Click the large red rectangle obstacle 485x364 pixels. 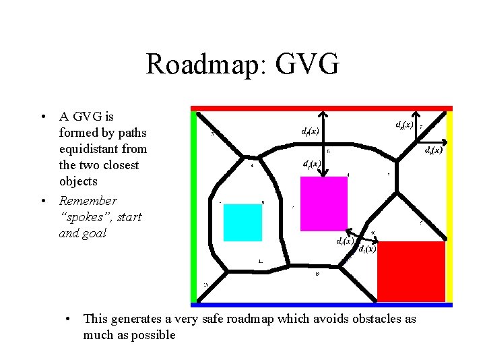pyautogui.click(x=411, y=272)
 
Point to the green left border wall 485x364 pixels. pyautogui.click(x=194, y=202)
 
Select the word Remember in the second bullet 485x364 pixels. pyautogui.click(x=88, y=201)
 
